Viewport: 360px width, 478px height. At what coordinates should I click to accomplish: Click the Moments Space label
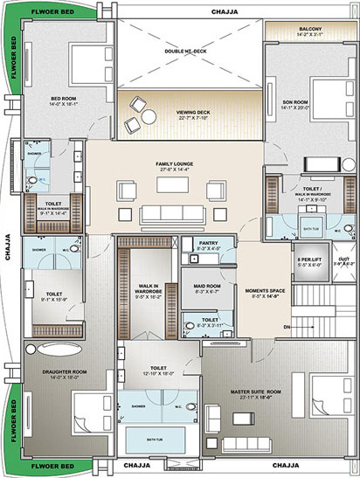[263, 293]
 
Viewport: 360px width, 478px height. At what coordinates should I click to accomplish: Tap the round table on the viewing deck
[149, 116]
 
